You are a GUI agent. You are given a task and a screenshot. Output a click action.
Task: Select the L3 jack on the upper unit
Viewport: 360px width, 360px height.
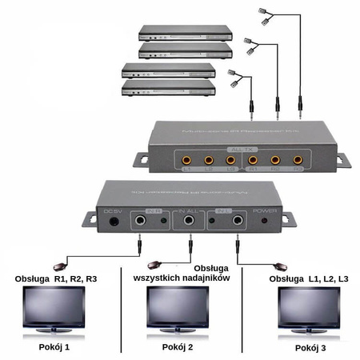230,159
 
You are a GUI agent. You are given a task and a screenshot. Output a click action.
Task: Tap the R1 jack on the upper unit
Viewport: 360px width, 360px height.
253,159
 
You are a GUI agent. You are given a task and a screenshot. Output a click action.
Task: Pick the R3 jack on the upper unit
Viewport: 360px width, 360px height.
297,159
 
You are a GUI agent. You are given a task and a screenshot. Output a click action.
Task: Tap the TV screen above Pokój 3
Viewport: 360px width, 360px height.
307,306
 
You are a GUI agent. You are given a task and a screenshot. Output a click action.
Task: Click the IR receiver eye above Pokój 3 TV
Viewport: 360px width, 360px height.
281,266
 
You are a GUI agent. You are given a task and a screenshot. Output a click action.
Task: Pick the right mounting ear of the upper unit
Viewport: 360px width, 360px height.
342,160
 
